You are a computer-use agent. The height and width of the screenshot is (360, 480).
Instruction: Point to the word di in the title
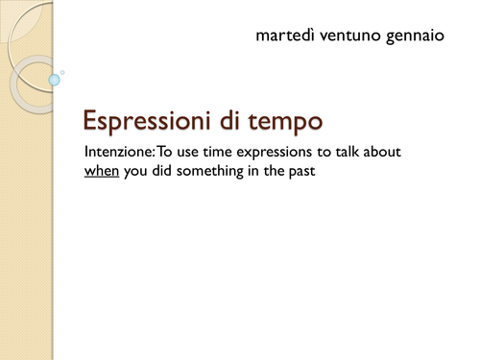pyautogui.click(x=244, y=121)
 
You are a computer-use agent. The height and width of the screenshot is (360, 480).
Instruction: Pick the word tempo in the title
pyautogui.click(x=291, y=122)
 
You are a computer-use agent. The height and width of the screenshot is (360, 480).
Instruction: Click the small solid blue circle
pyautogui.click(x=55, y=82)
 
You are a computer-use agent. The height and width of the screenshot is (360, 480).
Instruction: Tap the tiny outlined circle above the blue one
pyautogui.click(x=62, y=71)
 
